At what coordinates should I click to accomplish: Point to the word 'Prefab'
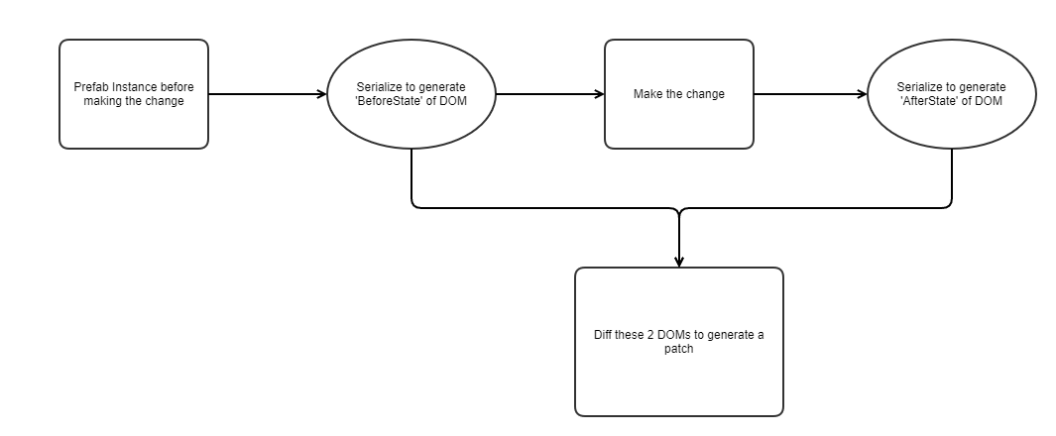(x=90, y=87)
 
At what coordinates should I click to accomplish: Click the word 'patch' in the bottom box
(x=678, y=349)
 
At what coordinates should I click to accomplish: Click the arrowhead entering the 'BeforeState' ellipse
(x=321, y=94)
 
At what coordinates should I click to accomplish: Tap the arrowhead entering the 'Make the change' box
(x=599, y=94)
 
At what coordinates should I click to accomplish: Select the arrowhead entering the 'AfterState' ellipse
(x=862, y=94)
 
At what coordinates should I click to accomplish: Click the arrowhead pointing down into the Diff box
(x=678, y=262)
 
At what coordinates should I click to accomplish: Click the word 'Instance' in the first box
(x=130, y=87)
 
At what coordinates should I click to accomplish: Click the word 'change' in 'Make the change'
(x=705, y=94)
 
